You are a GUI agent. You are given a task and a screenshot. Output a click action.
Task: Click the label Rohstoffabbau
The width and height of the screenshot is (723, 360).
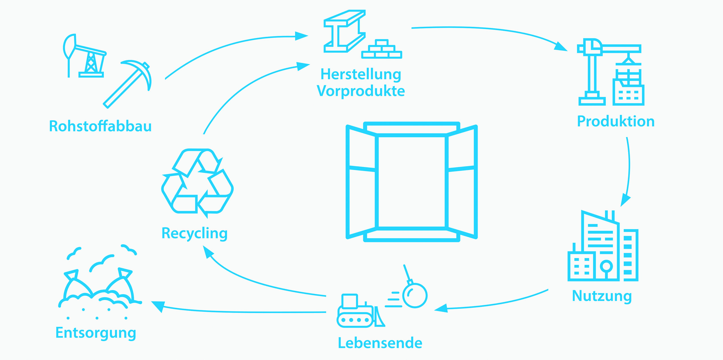click(x=100, y=126)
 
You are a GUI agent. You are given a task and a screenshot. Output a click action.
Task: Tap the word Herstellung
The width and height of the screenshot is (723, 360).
click(x=361, y=74)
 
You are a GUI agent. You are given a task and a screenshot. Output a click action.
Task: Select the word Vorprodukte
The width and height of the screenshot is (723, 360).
click(x=361, y=91)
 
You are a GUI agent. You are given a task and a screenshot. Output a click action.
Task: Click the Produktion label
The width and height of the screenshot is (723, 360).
click(x=616, y=122)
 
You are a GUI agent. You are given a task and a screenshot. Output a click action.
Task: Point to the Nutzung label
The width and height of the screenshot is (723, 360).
click(x=602, y=296)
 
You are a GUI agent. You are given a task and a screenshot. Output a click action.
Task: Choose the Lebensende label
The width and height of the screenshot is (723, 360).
click(x=380, y=343)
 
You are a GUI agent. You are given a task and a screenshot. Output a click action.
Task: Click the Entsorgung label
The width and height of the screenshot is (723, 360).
click(x=96, y=333)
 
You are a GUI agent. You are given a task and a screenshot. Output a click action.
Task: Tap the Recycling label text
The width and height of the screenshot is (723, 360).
click(x=194, y=233)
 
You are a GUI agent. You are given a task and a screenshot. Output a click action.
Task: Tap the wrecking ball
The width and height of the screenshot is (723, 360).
click(x=414, y=295)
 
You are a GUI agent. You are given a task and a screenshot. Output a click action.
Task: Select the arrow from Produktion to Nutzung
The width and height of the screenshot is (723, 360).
click(x=628, y=170)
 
